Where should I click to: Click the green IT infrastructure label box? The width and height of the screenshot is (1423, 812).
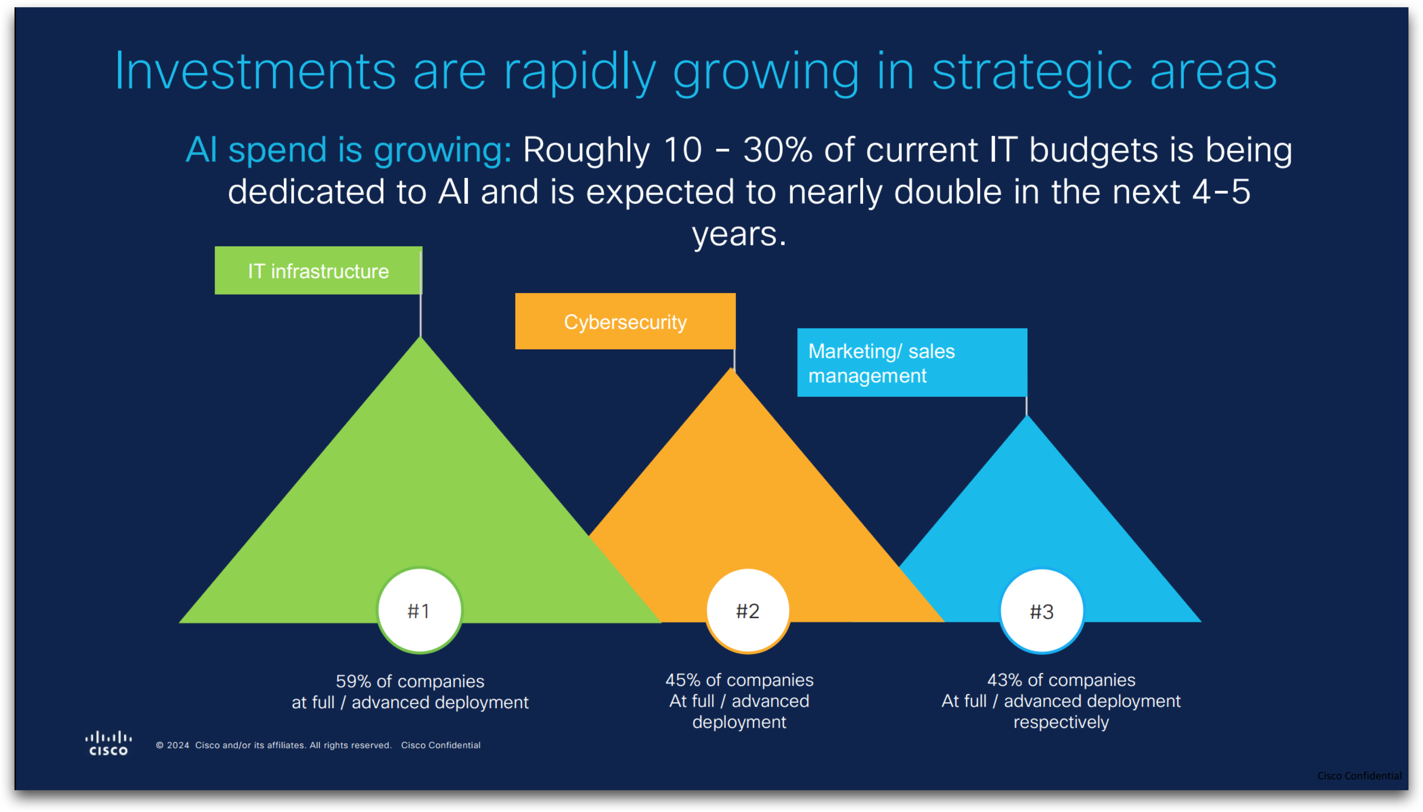[318, 271]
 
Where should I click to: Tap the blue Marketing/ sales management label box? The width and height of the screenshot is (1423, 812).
[912, 362]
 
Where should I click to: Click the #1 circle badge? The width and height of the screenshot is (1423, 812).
[420, 611]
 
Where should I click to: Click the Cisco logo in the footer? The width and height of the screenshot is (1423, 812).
[109, 743]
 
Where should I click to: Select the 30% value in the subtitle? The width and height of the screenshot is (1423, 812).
[778, 150]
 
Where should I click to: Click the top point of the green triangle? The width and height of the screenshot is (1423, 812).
[421, 337]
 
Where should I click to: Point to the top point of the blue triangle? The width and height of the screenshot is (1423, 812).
[1027, 415]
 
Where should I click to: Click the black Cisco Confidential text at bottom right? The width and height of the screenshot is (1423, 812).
[1359, 776]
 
